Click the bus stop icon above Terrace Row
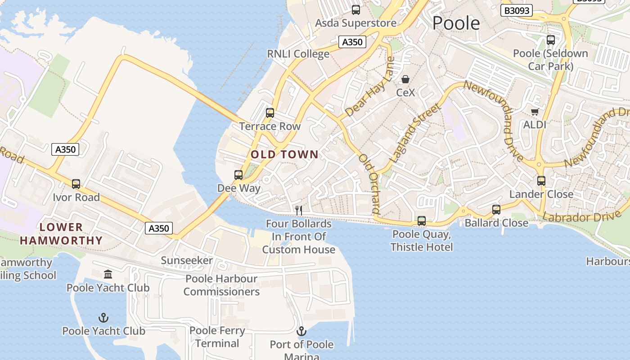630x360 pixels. click(270, 113)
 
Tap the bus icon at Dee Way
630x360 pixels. click(238, 175)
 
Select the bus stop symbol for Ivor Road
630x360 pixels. click(76, 184)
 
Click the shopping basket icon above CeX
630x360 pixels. click(405, 80)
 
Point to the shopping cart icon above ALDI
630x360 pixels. click(535, 112)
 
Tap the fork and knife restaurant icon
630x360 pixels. click(298, 210)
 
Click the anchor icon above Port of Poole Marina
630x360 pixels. click(301, 332)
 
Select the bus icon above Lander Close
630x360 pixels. click(541, 181)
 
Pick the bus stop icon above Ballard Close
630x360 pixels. click(496, 210)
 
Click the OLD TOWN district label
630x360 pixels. click(284, 155)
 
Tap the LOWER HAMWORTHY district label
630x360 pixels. click(61, 234)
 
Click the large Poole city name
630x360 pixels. click(456, 23)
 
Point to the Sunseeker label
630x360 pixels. click(187, 261)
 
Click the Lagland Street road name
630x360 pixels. click(415, 133)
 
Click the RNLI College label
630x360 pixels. click(298, 54)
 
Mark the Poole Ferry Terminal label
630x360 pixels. click(217, 337)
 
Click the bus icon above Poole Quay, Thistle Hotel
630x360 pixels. click(422, 221)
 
